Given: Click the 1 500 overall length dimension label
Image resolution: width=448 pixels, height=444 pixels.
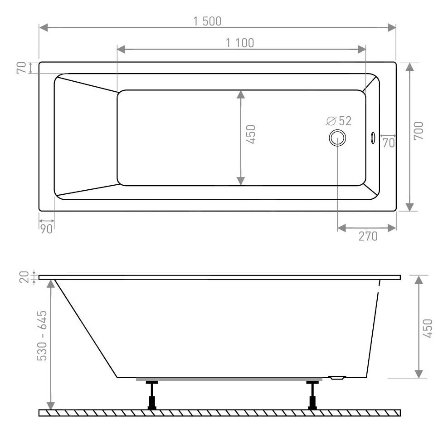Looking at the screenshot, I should (208, 21).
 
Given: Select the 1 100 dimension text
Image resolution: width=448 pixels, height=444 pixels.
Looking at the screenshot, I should (240, 43).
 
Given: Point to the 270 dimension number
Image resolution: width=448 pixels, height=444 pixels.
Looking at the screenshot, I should (368, 236).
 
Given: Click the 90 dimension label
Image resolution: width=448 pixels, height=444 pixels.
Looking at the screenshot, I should (46, 228).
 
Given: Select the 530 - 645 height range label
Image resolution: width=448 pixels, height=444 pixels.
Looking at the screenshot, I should (42, 335).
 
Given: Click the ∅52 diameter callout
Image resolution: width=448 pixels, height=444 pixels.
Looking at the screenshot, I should (339, 121).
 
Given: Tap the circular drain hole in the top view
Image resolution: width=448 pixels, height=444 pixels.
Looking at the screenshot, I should (337, 137).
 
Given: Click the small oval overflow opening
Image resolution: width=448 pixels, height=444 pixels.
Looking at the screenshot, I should (372, 137).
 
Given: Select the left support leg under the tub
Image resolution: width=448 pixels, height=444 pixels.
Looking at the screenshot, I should (152, 395).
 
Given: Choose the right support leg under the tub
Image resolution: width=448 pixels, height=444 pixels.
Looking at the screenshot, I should (312, 395).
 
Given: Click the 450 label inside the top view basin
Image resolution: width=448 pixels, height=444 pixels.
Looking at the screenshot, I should (251, 134).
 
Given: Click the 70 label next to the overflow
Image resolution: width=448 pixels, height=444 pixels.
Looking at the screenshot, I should (388, 143).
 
